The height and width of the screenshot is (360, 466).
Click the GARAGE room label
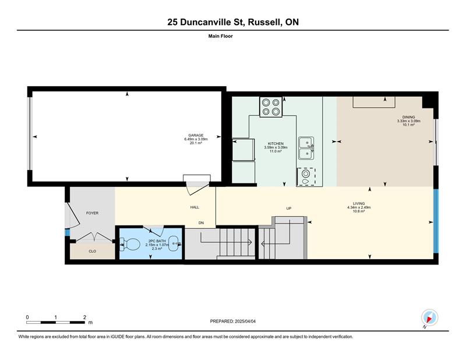click(196, 135)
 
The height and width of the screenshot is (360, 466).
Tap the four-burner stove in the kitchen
click(271, 107)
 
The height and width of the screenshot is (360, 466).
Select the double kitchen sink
click(306, 149)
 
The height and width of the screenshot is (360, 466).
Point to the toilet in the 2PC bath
click(130, 244)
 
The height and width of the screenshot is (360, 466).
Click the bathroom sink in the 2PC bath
click(174, 243)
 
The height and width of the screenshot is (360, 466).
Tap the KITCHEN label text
click(276, 143)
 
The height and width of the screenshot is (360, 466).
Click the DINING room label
click(409, 117)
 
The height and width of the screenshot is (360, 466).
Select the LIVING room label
click(359, 204)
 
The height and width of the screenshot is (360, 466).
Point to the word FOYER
click(92, 213)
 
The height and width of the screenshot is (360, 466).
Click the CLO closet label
click(93, 251)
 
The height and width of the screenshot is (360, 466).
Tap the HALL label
click(195, 207)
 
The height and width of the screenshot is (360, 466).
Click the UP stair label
click(288, 209)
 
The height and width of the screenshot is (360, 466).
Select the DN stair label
click(201, 223)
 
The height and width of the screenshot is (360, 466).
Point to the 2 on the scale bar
click(84, 317)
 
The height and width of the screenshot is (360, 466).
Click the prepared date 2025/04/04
click(245, 322)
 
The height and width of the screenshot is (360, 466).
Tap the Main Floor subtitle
click(221, 36)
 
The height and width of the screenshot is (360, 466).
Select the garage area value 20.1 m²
click(196, 143)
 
